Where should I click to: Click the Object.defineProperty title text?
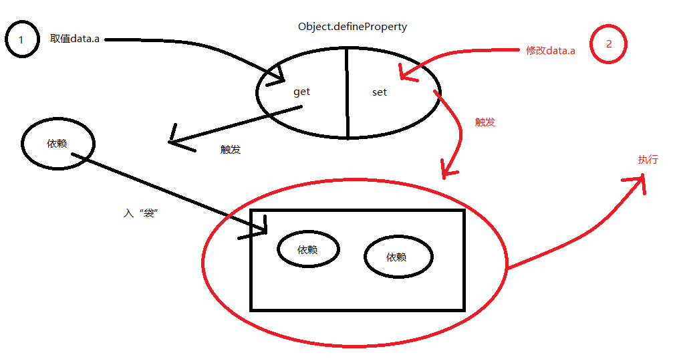pos(352,27)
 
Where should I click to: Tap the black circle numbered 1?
pos(21,40)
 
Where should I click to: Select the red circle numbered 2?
pos(608,45)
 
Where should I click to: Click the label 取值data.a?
pos(75,39)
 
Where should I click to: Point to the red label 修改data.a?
pos(551,51)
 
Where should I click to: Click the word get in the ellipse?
pos(301,92)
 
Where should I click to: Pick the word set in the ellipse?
pos(379,93)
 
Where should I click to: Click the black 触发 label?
pos(230,150)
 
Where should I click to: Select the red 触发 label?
pos(485,122)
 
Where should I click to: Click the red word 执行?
pos(648,160)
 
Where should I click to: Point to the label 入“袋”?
pos(140,213)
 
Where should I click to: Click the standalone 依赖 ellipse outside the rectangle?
pos(57,144)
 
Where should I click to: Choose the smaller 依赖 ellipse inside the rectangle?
pos(307,249)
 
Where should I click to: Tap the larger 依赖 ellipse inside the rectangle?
pos(398,257)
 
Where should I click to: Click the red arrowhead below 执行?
pos(638,182)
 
